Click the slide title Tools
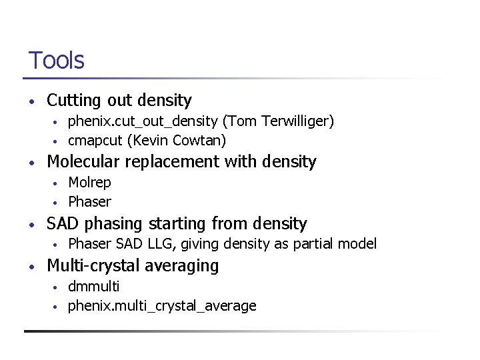pos(56,61)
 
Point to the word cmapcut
pos(95,141)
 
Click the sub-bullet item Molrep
pos(89,183)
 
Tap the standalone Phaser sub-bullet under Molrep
pos(89,202)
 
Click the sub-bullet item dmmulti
pos(94,287)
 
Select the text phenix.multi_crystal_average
pos(162,306)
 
